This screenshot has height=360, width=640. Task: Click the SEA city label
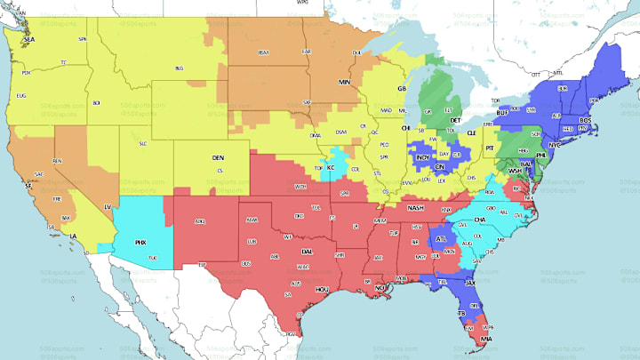(x=28, y=40)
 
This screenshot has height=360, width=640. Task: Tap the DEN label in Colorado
(x=218, y=157)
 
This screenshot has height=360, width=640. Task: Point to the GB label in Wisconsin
(x=402, y=89)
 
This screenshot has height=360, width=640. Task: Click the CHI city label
(x=406, y=127)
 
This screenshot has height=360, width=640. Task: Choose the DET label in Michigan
(x=455, y=119)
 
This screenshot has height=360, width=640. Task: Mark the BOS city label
(x=585, y=120)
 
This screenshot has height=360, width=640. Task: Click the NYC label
(x=556, y=144)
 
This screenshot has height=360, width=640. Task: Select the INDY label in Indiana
(x=423, y=157)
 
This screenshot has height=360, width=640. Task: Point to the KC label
(x=331, y=166)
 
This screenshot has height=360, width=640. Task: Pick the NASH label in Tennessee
(x=415, y=207)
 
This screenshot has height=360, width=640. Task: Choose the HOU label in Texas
(x=322, y=289)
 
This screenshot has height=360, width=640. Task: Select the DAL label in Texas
(x=307, y=252)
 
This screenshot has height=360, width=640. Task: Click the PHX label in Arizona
(x=140, y=241)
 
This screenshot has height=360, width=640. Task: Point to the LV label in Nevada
(x=108, y=206)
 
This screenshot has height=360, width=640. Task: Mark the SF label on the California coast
(x=28, y=187)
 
